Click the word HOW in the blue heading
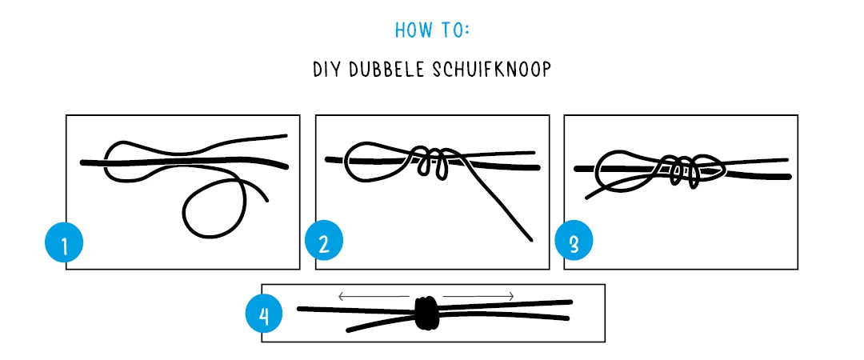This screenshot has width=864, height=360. tap(413, 30)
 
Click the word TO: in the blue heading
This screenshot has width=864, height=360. tap(454, 30)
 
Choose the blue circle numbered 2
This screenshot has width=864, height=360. tap(324, 243)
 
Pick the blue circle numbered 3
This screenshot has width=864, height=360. tap(574, 243)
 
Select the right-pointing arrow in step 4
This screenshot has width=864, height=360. tap(478, 297)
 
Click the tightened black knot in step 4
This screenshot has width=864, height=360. tap(426, 312)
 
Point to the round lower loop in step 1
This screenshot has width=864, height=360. tap(213, 208)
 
